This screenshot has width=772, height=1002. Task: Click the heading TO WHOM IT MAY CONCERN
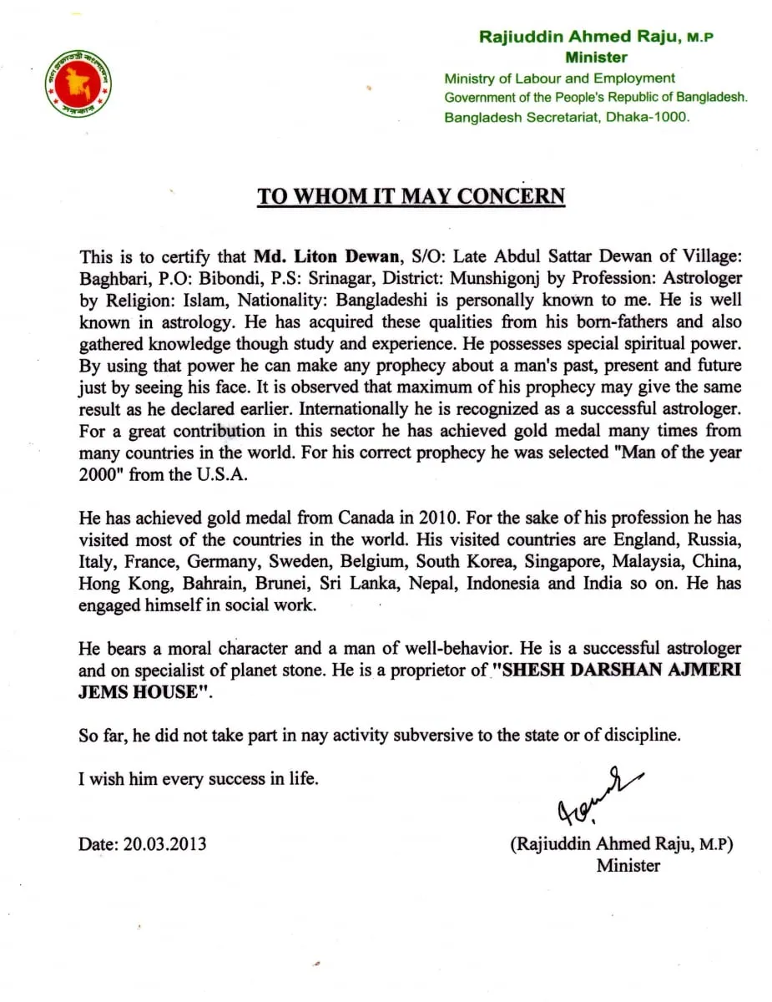point(411,196)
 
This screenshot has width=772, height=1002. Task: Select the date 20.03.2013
point(165,844)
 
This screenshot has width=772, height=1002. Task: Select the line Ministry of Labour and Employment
point(559,78)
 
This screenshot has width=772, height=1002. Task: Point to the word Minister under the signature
point(628,866)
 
